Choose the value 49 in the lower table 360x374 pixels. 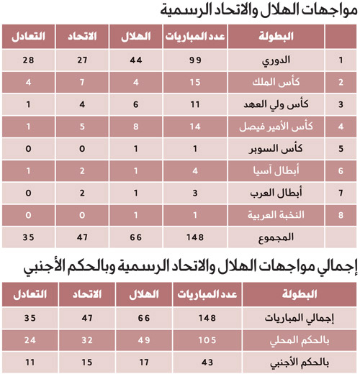(143, 337)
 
